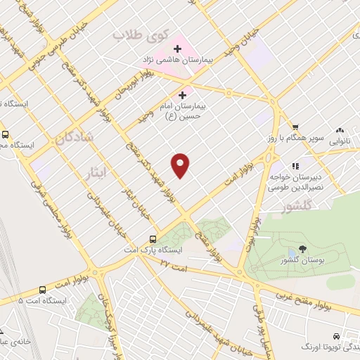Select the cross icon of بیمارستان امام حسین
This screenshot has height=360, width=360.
tap(183, 94)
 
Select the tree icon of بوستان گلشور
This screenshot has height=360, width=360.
tap(302, 249)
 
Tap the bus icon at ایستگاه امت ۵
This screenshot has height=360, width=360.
tap(43, 289)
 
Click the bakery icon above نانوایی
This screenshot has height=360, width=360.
tap(341, 129)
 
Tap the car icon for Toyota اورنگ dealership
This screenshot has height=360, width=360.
tap(337, 336)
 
